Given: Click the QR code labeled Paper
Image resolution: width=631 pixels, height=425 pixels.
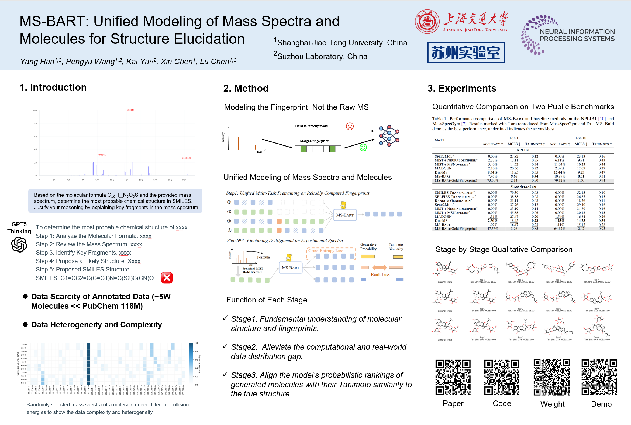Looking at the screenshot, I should (453, 377).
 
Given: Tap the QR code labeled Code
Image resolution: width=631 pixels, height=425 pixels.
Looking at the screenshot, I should (502, 377).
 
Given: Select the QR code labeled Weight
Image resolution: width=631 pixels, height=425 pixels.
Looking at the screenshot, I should (551, 377).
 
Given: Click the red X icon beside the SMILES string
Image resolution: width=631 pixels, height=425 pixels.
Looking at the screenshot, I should (167, 278).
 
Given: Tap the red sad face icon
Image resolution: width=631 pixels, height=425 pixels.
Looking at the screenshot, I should (350, 126).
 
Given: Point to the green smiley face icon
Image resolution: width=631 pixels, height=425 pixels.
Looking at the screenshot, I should (363, 147).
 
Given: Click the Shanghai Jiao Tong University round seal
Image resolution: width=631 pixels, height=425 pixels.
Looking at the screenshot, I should (427, 22).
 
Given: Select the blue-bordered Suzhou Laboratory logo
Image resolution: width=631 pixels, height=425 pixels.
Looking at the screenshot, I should (466, 52).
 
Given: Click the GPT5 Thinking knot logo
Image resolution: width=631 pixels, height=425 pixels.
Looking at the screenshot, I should (19, 244).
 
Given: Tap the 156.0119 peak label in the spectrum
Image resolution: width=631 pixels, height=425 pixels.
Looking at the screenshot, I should (130, 110).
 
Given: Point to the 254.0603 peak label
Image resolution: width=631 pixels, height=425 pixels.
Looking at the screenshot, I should (186, 158).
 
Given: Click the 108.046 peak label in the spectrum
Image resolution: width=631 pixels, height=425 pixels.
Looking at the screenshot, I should (102, 155).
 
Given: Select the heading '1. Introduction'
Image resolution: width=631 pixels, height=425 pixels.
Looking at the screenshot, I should (53, 87).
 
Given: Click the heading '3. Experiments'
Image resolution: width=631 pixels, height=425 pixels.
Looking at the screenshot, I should (462, 88).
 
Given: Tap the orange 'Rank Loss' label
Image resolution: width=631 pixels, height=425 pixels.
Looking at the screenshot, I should (380, 275).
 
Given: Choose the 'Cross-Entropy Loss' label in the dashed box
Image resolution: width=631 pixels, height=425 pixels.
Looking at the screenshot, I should (326, 251).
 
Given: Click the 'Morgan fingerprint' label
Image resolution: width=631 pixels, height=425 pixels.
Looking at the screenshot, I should (314, 141).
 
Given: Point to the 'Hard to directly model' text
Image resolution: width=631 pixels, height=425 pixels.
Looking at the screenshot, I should (312, 126).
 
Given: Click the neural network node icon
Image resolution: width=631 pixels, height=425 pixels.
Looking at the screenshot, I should (389, 135).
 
